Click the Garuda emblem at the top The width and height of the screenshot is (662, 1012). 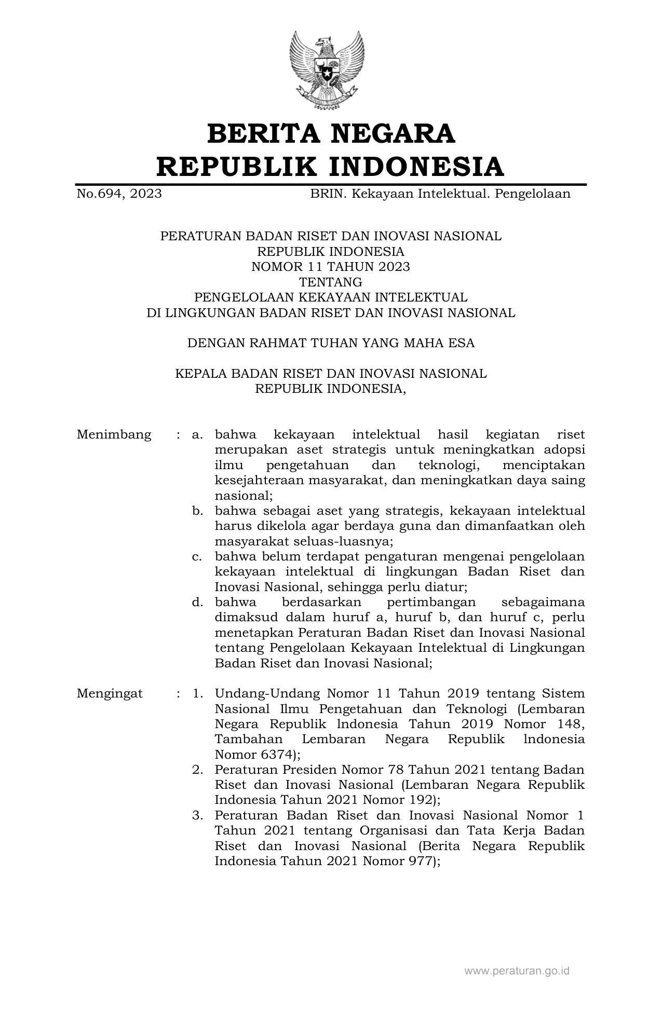pos(327,70)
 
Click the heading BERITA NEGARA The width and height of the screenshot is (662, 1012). pos(331,133)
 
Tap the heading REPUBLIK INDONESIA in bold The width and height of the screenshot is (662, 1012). pos(331,166)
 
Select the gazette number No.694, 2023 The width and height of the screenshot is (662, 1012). pos(119,194)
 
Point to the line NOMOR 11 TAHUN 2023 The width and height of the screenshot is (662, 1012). pos(331,267)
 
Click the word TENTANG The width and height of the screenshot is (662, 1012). pos(331,282)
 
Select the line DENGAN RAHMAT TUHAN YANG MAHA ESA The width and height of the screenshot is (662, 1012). pos(331,343)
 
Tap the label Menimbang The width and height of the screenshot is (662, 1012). pos(114,434)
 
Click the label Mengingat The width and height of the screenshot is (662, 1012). pos(110,693)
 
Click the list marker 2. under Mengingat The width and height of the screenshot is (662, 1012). pos(197,769)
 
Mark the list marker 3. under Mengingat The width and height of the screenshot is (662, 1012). pos(197,815)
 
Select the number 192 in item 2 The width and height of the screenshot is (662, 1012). pos(421,800)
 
